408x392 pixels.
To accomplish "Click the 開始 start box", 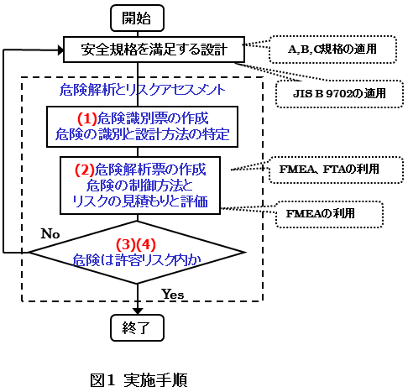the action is click(137, 18).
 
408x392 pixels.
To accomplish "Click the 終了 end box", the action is click(137, 328).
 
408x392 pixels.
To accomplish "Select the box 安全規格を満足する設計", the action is click(154, 50).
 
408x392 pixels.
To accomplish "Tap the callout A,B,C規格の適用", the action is click(332, 50).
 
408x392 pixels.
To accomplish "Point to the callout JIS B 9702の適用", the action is click(339, 94).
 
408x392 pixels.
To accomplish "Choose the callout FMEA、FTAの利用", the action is click(336, 170).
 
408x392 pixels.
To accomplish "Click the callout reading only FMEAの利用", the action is click(329, 214).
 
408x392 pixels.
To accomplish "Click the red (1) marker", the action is click(87, 118).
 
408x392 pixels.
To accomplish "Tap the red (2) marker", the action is click(85, 170).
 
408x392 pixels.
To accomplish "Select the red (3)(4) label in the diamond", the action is click(136, 244).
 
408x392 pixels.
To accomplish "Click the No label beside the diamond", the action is click(50, 234).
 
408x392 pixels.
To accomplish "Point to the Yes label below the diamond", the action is click(173, 295).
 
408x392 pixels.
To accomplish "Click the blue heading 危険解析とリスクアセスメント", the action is click(142, 90).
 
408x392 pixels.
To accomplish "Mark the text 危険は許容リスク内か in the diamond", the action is click(137, 260).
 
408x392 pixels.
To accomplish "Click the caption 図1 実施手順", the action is click(139, 380).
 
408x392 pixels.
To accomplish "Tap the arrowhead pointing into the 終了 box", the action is click(138, 311).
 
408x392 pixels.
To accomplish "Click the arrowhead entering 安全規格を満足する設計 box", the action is click(60, 50).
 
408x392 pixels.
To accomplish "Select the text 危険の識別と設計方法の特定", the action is click(142, 134).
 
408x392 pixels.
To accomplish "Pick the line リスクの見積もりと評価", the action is click(140, 201).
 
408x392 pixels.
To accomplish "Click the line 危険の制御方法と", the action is click(140, 186).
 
